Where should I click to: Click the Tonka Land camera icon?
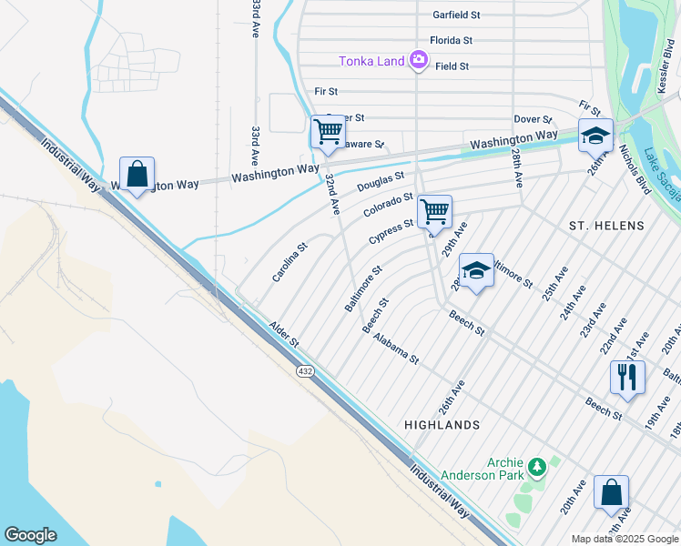click(419, 61)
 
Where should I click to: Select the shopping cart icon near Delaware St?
click(327, 131)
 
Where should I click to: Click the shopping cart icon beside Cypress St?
click(434, 211)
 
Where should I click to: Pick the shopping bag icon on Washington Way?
click(137, 173)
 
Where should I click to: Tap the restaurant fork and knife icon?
click(627, 377)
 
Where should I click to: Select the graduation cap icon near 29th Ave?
click(476, 270)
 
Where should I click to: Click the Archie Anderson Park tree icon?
click(537, 468)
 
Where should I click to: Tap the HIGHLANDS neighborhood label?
click(442, 425)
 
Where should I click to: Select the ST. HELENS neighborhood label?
click(606, 225)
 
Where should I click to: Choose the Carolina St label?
click(290, 261)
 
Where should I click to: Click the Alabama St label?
click(396, 349)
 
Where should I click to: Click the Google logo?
click(30, 535)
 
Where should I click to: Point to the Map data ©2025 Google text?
click(623, 539)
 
